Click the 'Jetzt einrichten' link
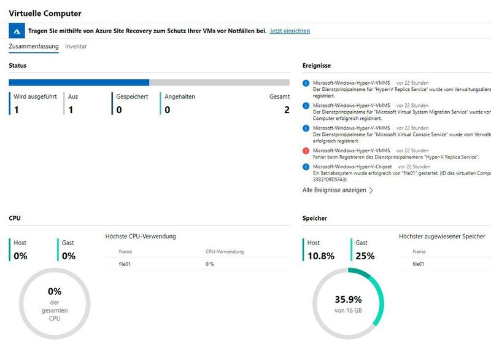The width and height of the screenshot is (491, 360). click(x=290, y=31)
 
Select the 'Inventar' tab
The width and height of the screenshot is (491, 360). click(x=76, y=47)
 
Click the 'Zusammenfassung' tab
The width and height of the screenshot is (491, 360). click(x=33, y=47)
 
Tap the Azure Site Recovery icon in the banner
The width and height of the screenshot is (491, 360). click(x=18, y=31)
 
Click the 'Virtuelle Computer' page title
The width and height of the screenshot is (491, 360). click(x=45, y=13)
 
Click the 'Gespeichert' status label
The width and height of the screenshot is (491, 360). click(x=132, y=96)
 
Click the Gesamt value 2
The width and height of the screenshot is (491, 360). click(x=286, y=110)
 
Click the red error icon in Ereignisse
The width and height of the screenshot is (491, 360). click(x=306, y=151)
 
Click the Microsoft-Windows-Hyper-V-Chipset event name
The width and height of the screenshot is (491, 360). click(x=352, y=166)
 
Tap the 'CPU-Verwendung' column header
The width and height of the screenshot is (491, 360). click(x=224, y=251)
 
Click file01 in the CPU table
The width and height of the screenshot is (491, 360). click(x=125, y=264)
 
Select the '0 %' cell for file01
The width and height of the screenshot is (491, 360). click(x=209, y=264)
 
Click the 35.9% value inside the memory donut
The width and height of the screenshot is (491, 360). click(x=347, y=300)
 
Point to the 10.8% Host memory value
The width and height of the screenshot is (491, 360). click(x=321, y=256)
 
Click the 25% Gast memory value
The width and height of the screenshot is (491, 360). click(x=365, y=256)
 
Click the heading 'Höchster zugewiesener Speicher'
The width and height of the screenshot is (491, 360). click(x=442, y=236)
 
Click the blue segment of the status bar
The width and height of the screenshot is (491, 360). click(x=79, y=82)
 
